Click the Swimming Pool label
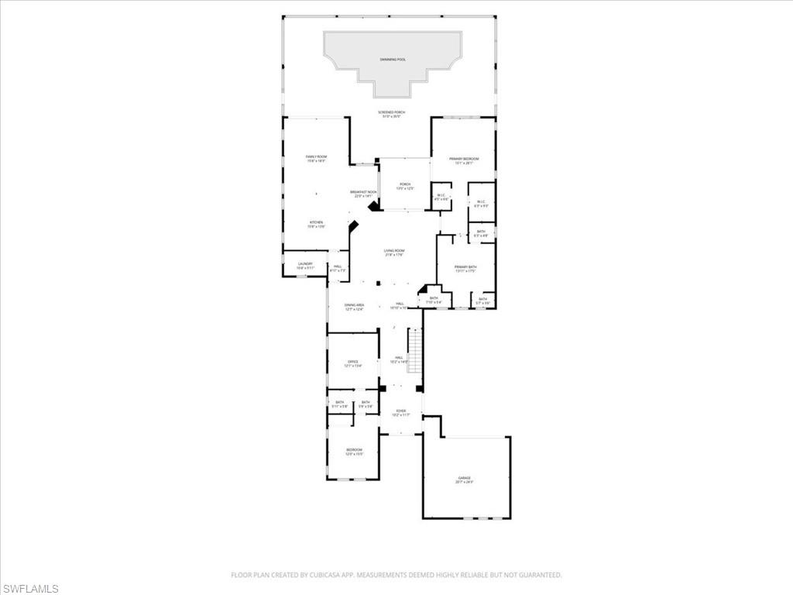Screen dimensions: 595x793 click(x=392, y=59)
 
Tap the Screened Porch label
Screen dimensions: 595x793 click(x=392, y=112)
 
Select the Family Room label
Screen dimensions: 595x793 click(x=316, y=157)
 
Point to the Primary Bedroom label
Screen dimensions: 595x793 click(x=465, y=159)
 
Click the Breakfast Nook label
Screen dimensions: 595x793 click(x=363, y=192)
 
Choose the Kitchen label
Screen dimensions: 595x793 click(x=316, y=222)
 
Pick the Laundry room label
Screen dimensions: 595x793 click(x=305, y=263)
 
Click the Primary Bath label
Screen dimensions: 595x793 click(x=465, y=267)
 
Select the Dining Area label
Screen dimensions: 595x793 click(x=354, y=305)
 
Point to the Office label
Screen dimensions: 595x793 click(x=352, y=362)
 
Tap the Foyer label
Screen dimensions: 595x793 click(x=400, y=411)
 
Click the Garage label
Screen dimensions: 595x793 click(x=465, y=479)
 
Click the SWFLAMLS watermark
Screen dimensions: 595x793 click(x=30, y=589)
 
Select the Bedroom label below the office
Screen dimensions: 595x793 click(x=353, y=450)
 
